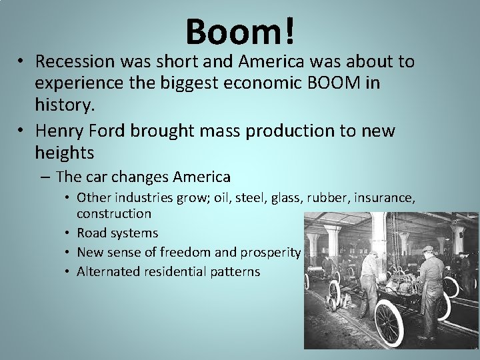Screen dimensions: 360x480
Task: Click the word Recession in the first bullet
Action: pyautogui.click(x=74, y=61)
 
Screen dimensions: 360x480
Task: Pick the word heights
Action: pyautogui.click(x=65, y=153)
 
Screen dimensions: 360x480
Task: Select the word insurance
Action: pyautogui.click(x=385, y=197)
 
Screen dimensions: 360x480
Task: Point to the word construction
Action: pyautogui.click(x=114, y=213)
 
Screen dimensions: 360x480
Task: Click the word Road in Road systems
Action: pyautogui.click(x=91, y=233)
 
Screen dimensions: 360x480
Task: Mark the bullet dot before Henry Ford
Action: pyautogui.click(x=22, y=131)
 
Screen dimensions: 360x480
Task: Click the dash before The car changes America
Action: pyautogui.click(x=44, y=177)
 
